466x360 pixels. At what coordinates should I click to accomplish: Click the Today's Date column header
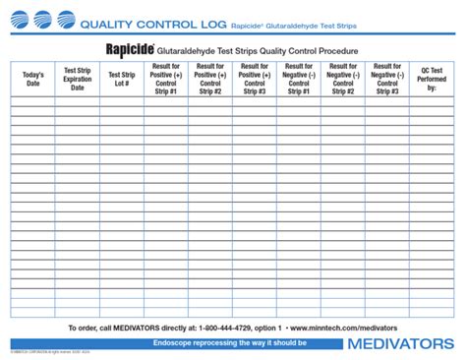[32, 79]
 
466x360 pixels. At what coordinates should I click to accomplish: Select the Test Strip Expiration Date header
[78, 79]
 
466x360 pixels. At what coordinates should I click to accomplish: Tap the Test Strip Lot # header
[122, 79]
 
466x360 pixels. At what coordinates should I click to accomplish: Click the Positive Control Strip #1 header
[166, 79]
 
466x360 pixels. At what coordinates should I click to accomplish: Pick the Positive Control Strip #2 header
[210, 79]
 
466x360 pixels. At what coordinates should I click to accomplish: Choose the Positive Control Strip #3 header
[254, 79]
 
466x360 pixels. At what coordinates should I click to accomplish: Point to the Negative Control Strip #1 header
[298, 79]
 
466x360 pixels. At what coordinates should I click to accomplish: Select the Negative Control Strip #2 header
[342, 79]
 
